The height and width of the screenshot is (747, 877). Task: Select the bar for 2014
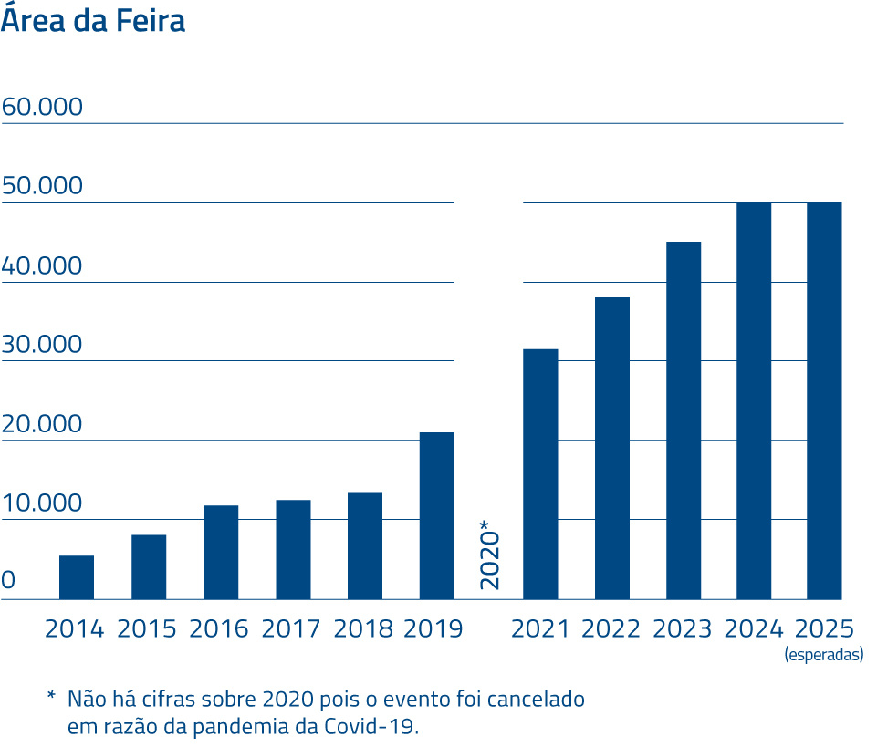[77, 577]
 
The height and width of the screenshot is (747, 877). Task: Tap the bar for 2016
[221, 552]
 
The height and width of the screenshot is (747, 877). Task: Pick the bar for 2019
[437, 515]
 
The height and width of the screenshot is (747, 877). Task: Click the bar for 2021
[540, 474]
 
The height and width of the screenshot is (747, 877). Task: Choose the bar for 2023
[684, 420]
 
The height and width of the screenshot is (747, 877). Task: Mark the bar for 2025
[824, 400]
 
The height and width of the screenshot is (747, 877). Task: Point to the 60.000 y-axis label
[42, 108]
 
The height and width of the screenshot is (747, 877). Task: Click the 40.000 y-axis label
[42, 266]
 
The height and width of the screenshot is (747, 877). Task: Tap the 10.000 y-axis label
[42, 503]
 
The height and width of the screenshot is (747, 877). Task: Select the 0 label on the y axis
[8, 581]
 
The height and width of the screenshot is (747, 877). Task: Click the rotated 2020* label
[490, 555]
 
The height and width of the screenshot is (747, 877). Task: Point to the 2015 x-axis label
[147, 629]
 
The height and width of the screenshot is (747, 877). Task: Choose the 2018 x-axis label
[363, 629]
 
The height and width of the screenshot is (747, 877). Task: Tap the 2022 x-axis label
[611, 629]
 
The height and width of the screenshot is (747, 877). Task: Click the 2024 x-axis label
[754, 629]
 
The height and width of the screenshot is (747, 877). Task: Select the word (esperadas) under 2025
[824, 655]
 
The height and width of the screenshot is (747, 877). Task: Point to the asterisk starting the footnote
[51, 699]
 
